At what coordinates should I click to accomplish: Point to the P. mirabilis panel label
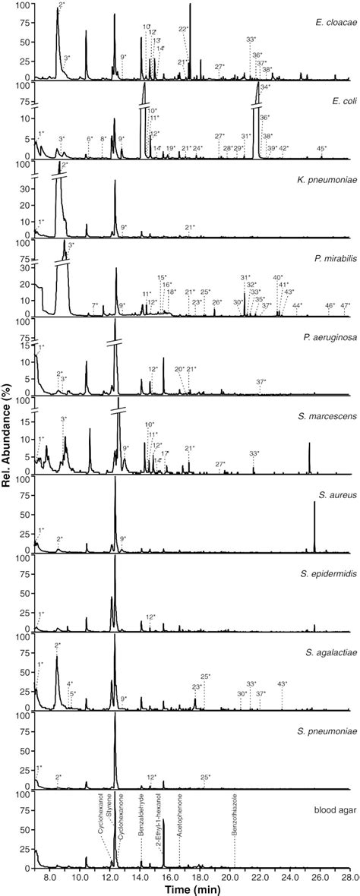tap(329, 255)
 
